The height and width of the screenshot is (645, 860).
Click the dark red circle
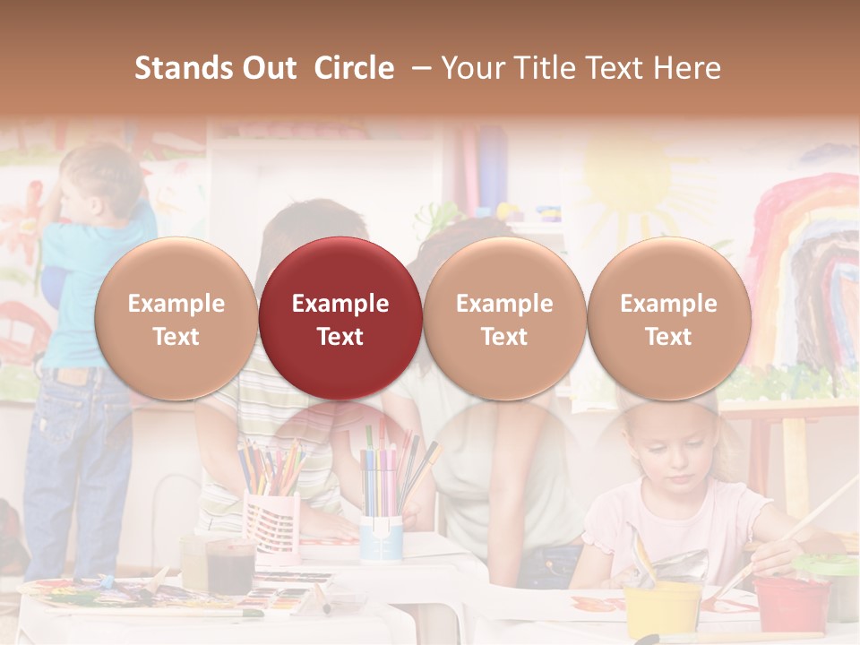pyautogui.click(x=340, y=319)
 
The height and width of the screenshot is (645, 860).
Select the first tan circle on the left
pyautogui.click(x=176, y=319)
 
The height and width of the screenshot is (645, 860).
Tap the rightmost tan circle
pyautogui.click(x=668, y=319)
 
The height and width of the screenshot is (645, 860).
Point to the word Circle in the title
pyautogui.click(x=354, y=68)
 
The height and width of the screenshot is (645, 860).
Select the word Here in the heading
pyautogui.click(x=688, y=68)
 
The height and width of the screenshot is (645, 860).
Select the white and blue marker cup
pyautogui.click(x=382, y=537)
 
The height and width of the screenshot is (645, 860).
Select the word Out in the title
pyautogui.click(x=267, y=68)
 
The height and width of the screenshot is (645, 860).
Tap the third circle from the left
pyautogui.click(x=504, y=319)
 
